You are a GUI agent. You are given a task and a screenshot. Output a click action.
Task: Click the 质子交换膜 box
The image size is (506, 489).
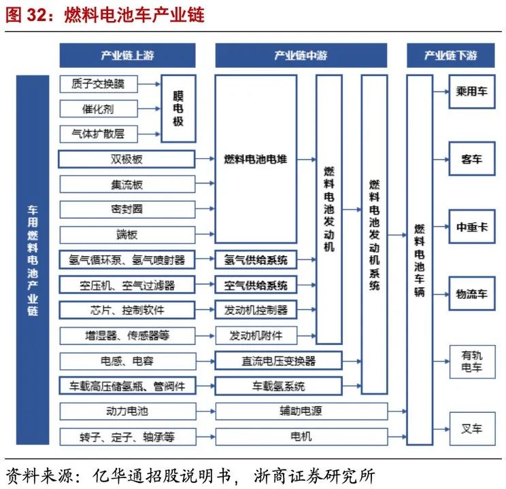click(99, 84)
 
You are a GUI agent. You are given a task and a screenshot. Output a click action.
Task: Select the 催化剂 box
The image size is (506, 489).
click(99, 109)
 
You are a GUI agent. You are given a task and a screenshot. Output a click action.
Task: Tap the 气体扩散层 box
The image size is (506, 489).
click(99, 133)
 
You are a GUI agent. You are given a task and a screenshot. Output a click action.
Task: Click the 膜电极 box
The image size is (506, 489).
click(178, 109)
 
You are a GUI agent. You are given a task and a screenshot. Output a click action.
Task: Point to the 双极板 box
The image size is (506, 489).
click(127, 160)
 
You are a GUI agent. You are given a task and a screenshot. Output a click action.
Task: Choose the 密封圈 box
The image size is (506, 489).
click(127, 210)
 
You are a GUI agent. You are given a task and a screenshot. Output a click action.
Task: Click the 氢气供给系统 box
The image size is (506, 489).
click(256, 259)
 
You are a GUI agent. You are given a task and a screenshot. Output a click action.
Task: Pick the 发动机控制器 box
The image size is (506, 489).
click(256, 310)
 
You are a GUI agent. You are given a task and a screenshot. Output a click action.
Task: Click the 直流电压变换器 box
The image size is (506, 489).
click(280, 361)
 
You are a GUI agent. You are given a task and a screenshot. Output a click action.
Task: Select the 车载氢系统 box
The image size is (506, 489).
click(280, 386)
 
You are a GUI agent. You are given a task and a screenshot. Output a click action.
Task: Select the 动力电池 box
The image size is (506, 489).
click(127, 411)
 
